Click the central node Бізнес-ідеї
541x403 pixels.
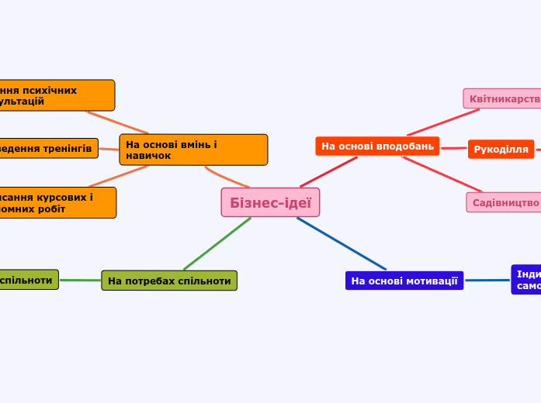click(x=270, y=202)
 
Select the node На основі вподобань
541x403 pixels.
click(x=377, y=146)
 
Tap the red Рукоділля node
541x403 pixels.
click(x=501, y=150)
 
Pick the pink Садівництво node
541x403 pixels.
click(x=505, y=202)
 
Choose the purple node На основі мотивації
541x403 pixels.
click(x=404, y=281)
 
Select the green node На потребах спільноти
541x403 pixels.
click(x=169, y=281)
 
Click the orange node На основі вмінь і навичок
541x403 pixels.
click(x=193, y=150)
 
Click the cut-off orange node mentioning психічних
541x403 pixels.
click(x=54, y=95)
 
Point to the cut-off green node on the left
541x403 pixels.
click(x=28, y=280)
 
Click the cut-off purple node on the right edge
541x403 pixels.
click(x=526, y=280)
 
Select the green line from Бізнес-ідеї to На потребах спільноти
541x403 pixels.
click(x=217, y=243)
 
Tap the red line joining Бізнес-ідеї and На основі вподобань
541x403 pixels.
click(x=329, y=171)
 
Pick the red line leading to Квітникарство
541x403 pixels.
click(x=442, y=122)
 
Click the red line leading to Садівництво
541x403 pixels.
click(x=442, y=174)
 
